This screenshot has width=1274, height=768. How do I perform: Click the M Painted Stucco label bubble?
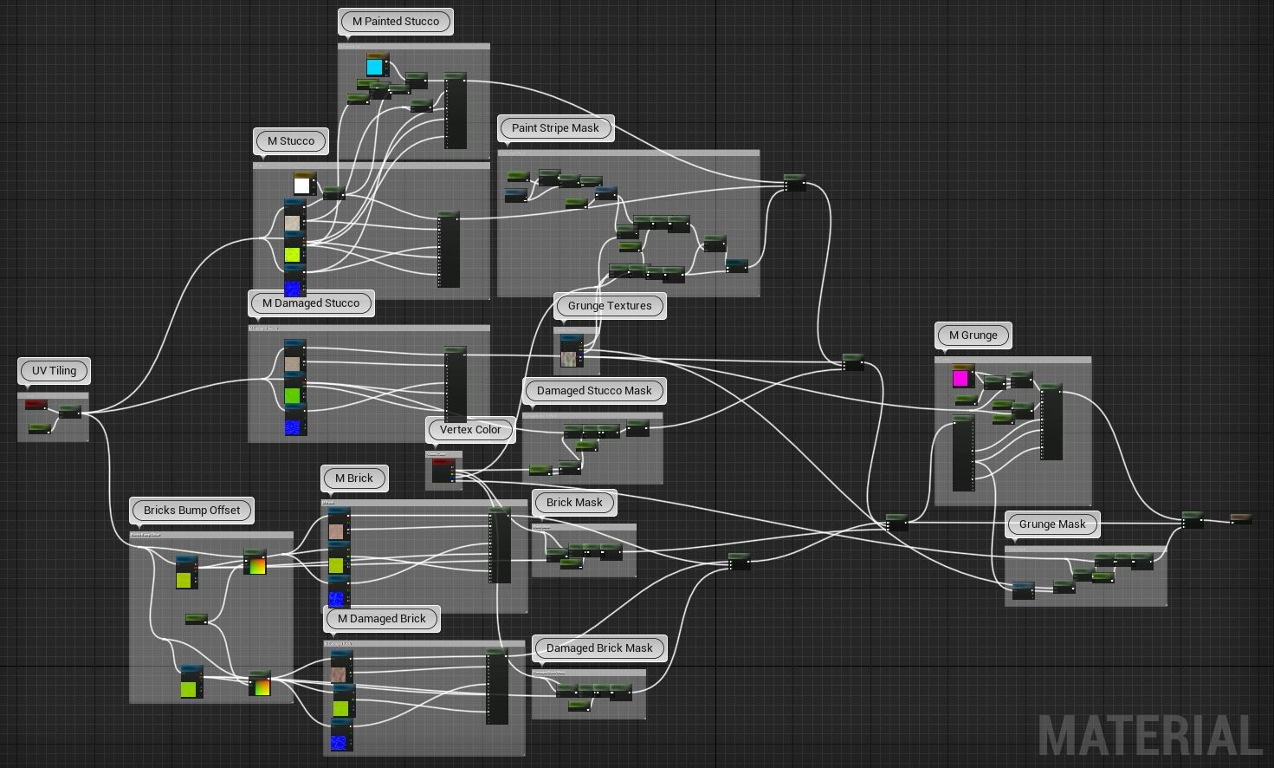point(396,22)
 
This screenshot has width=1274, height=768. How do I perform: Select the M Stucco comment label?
point(291,141)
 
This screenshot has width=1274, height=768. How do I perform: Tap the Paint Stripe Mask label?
point(555,128)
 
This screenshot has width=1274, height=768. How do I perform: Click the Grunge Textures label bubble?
point(610,306)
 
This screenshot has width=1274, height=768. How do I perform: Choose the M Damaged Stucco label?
point(311,303)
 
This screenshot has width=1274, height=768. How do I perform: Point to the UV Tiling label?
point(54,371)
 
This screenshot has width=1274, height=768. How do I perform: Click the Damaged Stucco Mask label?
point(594,391)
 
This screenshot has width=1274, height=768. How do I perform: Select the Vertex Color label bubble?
point(470,430)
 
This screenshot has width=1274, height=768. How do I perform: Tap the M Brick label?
point(354,478)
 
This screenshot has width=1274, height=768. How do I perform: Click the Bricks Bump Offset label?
point(191,511)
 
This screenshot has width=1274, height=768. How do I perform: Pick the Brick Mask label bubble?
point(574,503)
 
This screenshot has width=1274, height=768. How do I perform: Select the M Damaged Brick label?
point(382,619)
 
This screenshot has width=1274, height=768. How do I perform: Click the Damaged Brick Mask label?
point(599,648)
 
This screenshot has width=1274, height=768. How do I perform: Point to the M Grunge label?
point(973,335)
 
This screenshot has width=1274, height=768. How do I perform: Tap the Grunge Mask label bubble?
point(1052,524)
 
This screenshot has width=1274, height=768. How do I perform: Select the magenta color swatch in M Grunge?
point(960,378)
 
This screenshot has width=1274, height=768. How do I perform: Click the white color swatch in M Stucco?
point(302,185)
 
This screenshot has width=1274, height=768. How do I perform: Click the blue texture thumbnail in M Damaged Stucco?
point(294,427)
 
